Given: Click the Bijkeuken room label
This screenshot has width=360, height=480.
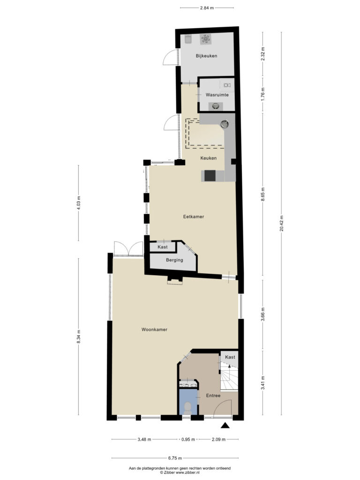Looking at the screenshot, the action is [x=207, y=56].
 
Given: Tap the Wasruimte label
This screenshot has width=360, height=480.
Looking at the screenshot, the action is [x=217, y=95].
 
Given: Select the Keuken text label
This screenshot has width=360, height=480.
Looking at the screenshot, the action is [x=209, y=158].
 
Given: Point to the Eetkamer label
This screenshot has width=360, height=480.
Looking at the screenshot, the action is [x=194, y=217].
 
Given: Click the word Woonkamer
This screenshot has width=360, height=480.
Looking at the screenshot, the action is [x=154, y=330].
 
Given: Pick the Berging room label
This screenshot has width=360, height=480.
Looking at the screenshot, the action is [x=174, y=260].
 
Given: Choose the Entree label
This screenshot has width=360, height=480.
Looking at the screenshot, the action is [x=213, y=396].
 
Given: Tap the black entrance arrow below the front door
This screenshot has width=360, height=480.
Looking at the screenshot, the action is [x=225, y=425].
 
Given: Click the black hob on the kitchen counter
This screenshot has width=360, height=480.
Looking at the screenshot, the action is [x=210, y=176].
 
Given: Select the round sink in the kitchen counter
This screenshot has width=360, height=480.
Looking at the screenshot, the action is [x=225, y=124].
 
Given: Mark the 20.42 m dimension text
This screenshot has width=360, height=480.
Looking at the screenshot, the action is [x=281, y=223].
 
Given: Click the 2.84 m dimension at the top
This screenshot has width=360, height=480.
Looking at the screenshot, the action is [x=207, y=8].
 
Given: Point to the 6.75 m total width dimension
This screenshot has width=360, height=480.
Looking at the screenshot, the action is [x=175, y=458].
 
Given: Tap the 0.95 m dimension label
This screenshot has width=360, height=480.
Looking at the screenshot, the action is [x=188, y=439].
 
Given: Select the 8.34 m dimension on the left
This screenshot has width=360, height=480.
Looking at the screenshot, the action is [x=78, y=337].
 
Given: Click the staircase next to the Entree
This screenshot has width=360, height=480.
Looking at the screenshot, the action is [x=229, y=377].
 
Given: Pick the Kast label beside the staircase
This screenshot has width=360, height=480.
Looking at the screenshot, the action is [x=230, y=357].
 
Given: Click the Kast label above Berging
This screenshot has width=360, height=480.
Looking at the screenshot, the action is [x=163, y=247].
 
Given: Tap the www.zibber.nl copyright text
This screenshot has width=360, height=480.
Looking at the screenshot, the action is [x=180, y=472].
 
